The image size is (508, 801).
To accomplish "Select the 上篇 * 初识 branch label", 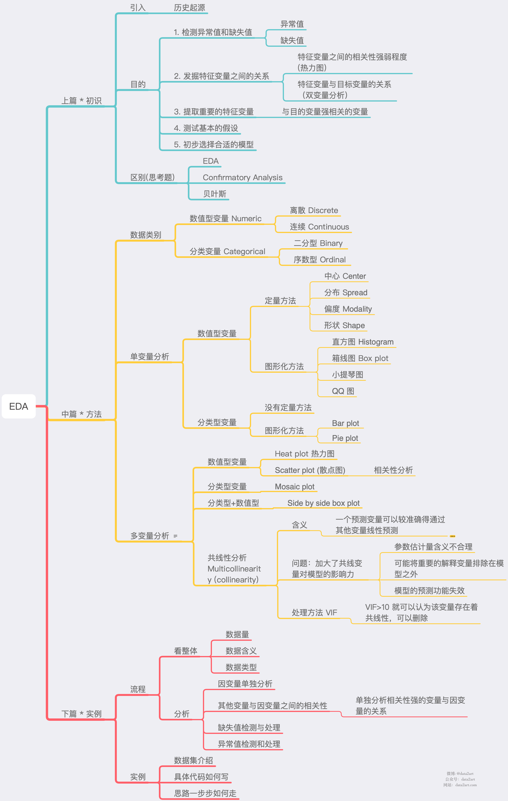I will coord(82,100).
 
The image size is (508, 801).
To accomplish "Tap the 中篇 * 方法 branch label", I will coord(82,414).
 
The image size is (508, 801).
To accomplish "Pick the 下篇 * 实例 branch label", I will coord(82,714).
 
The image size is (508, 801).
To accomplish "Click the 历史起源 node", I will coord(189,8).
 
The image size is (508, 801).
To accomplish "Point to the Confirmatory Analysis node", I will coord(242,178).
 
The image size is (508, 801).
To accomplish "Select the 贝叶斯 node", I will coord(215,194).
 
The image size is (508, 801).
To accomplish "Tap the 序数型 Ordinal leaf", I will coord(319,260).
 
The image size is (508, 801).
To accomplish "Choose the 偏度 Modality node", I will coord(348,309).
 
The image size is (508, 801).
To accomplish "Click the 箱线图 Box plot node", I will coord(360,358).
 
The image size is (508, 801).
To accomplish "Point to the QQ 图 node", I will coord(343,391).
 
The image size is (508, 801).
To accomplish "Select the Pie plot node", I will coord(345,438).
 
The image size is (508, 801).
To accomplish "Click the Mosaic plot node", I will coord(295,487).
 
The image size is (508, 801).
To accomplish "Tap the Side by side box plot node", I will coord(323,503).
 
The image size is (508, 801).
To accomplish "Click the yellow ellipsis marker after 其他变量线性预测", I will coord(452,536).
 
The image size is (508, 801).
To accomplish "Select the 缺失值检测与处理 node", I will coord(249,727).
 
